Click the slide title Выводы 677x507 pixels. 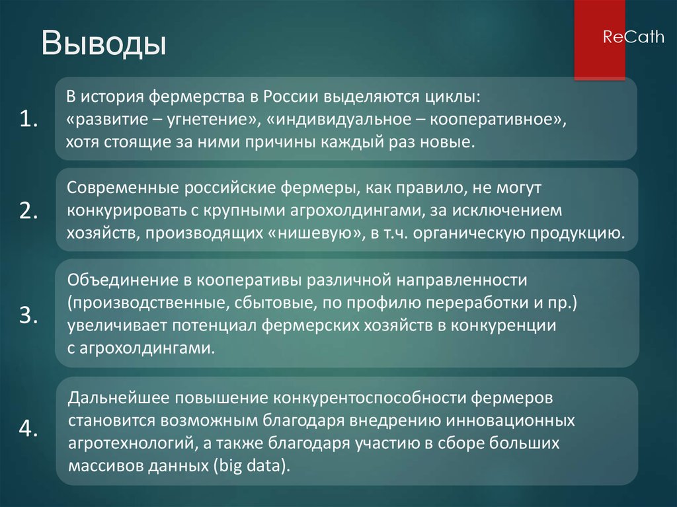point(104,45)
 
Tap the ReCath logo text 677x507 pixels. point(633,38)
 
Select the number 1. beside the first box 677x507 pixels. point(29,119)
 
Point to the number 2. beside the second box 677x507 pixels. point(29,210)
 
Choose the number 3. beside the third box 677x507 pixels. point(29,315)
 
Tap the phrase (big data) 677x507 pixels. point(252,465)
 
